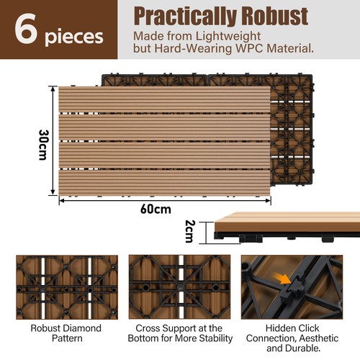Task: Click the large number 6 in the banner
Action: click(26, 29)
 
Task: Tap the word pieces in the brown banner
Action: click(74, 37)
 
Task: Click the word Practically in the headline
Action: click(186, 17)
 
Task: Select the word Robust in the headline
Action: click(274, 16)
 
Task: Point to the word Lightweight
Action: click(228, 37)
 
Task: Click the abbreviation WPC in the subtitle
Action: click(249, 48)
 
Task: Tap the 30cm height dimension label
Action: click(43, 145)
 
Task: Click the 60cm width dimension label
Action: click(156, 210)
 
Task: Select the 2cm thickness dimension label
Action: click(190, 231)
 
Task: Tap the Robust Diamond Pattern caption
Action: click(66, 333)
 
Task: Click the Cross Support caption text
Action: click(180, 333)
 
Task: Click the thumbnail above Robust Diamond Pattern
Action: click(67, 287)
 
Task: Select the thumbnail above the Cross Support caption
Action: click(179, 287)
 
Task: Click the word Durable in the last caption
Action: click(304, 348)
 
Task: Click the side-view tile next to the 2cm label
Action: click(287, 227)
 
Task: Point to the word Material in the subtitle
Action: click(290, 48)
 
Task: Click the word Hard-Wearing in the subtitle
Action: click(193, 49)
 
